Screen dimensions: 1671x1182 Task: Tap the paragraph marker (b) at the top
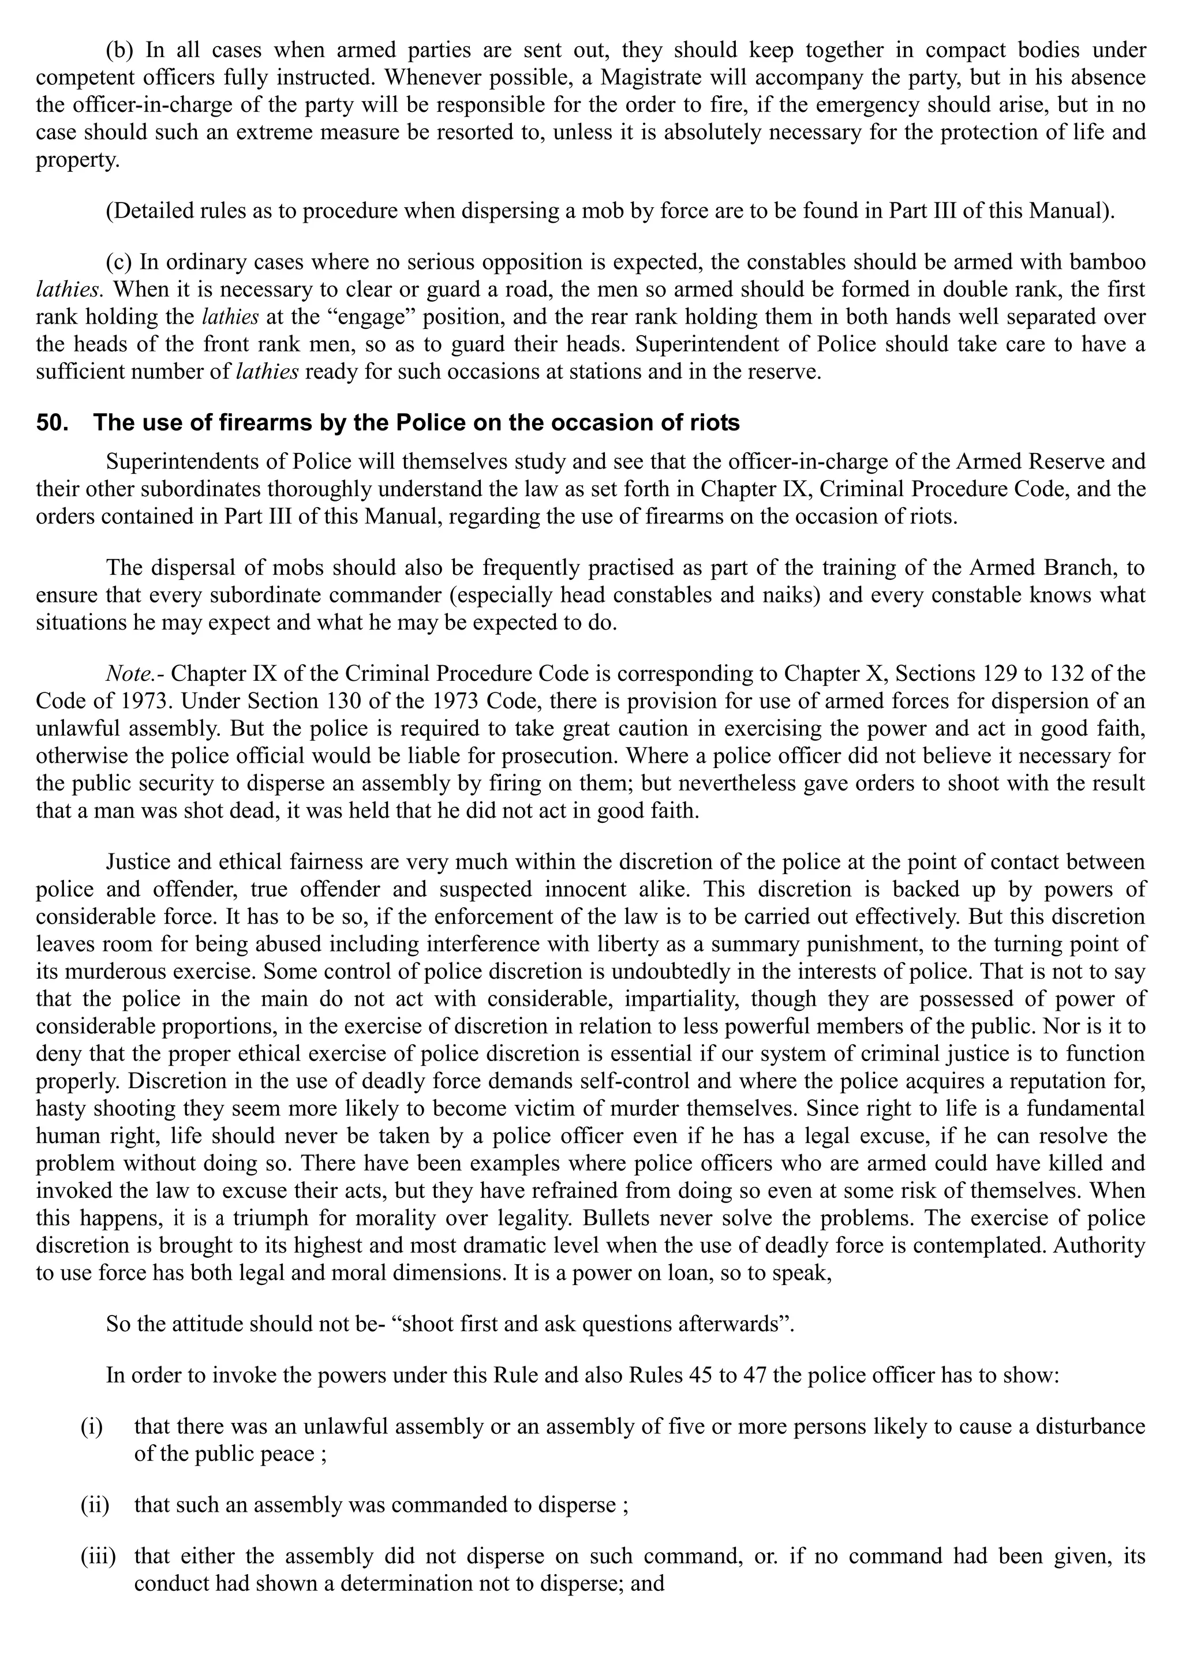click(122, 50)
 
